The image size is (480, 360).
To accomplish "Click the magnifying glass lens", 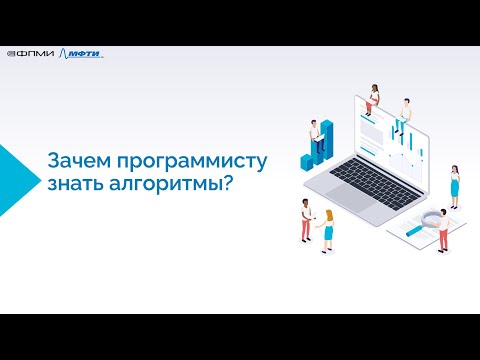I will (433, 218).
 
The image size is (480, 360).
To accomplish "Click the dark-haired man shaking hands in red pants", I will (305, 220).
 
